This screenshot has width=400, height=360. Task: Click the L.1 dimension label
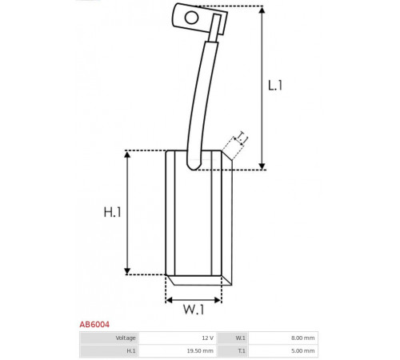(x=275, y=86)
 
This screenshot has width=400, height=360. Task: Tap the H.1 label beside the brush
(x=112, y=212)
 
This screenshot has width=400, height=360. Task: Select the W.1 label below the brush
(x=194, y=310)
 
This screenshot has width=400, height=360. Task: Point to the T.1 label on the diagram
(x=242, y=138)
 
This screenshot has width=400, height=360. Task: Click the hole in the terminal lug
(x=191, y=18)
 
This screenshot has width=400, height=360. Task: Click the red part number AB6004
(x=94, y=325)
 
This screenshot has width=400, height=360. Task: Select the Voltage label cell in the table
(x=109, y=338)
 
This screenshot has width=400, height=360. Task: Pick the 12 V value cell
(x=178, y=338)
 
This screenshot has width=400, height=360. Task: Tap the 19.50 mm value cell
(x=178, y=350)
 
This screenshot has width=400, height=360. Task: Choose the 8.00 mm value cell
(x=283, y=338)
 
